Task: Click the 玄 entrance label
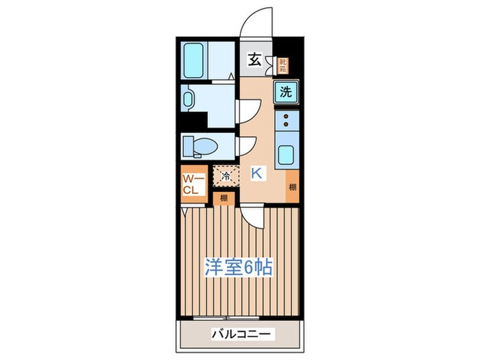(x=254, y=60)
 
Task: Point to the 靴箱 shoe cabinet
(x=283, y=66)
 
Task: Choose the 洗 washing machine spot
(x=285, y=92)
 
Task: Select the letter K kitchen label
(x=256, y=173)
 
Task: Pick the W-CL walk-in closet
(x=191, y=184)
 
